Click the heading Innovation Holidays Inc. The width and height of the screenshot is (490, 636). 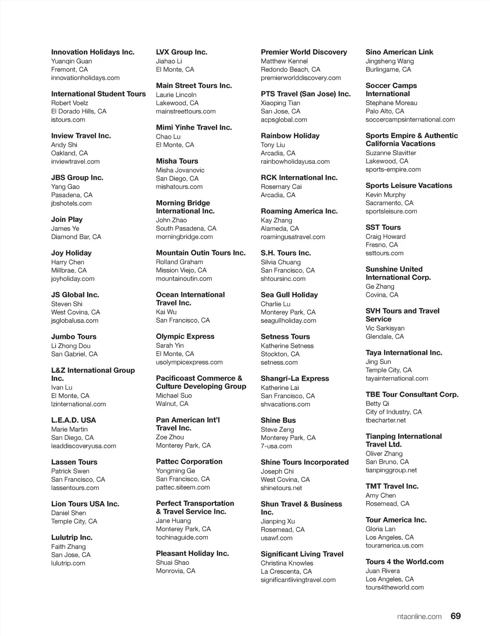point(93,52)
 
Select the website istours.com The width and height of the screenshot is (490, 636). point(68,120)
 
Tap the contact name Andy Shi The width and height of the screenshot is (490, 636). point(64,145)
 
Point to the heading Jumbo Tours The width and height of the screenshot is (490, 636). point(74,336)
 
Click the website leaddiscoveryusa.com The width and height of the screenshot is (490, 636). point(84,446)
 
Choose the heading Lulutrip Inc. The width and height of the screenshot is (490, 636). point(72,537)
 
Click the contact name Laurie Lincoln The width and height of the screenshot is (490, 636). point(176,95)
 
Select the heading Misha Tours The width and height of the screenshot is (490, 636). point(177,161)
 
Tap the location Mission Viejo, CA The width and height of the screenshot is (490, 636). point(181,270)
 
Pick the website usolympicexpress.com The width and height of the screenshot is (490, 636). point(189,362)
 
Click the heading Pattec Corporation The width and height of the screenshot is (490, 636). point(189,461)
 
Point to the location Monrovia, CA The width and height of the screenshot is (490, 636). point(176,571)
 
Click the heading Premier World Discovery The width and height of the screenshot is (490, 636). point(304,52)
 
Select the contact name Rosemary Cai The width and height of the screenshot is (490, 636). point(281,187)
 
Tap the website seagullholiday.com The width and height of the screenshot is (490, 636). point(289,321)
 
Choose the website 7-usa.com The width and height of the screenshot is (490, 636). point(276,446)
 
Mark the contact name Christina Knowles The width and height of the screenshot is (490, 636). point(287,563)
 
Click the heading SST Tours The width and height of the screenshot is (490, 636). point(383,227)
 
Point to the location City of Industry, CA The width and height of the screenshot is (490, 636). point(394,412)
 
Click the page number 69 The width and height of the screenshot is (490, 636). point(456,616)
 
